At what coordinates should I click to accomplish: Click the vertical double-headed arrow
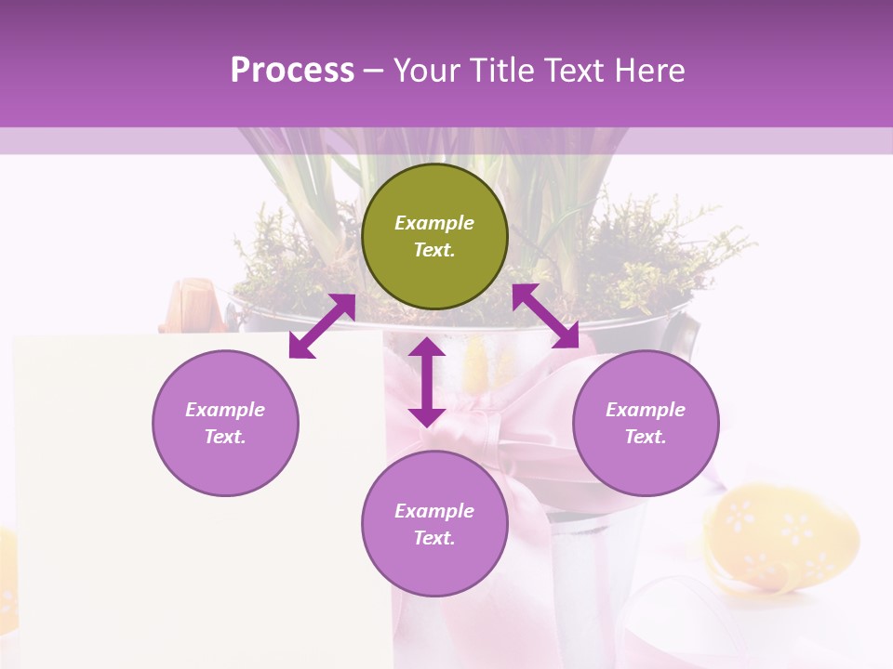click(427, 382)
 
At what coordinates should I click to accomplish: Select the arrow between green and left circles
click(322, 326)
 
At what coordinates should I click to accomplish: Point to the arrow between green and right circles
click(545, 316)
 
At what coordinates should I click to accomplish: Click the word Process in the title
click(292, 70)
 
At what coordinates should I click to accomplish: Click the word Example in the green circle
click(434, 223)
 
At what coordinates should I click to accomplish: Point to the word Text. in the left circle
click(225, 437)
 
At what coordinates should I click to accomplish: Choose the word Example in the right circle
click(646, 410)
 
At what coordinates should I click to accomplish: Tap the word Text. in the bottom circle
click(434, 538)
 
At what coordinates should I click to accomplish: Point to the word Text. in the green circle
click(434, 250)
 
